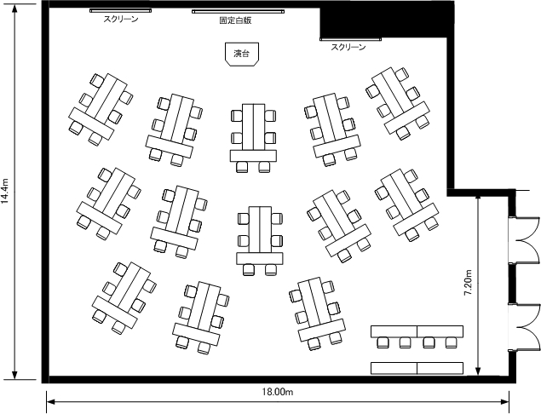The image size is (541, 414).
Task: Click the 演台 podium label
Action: (x=241, y=55)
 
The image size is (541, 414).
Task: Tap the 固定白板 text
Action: (x=236, y=20)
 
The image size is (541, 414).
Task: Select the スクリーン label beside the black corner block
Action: (x=348, y=47)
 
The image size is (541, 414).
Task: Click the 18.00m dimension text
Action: (x=278, y=392)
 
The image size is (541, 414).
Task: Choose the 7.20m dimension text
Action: (x=469, y=282)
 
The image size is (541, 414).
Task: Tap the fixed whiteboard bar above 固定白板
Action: (x=238, y=12)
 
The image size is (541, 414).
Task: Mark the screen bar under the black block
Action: (x=350, y=39)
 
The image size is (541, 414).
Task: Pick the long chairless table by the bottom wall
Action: (x=417, y=368)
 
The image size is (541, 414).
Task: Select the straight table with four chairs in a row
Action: (x=417, y=331)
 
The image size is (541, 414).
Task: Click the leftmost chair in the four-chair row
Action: (x=383, y=342)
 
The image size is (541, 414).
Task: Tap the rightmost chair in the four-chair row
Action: (x=451, y=342)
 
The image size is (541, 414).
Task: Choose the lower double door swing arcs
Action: (x=524, y=328)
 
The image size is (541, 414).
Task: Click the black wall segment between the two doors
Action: (x=512, y=284)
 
